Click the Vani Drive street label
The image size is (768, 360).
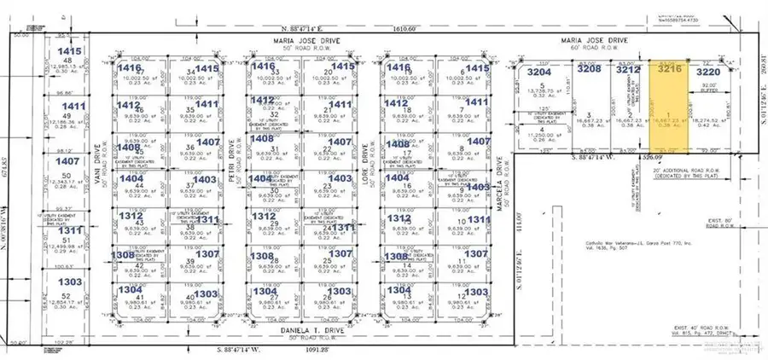pos(100,180)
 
